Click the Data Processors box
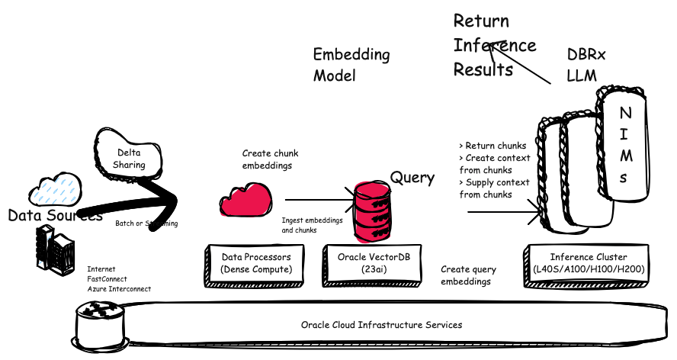(256, 264)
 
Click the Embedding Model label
(351, 65)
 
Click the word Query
(412, 178)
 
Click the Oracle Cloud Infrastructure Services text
(381, 325)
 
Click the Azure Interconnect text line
(119, 289)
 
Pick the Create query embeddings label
(468, 275)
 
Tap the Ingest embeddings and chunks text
(311, 225)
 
